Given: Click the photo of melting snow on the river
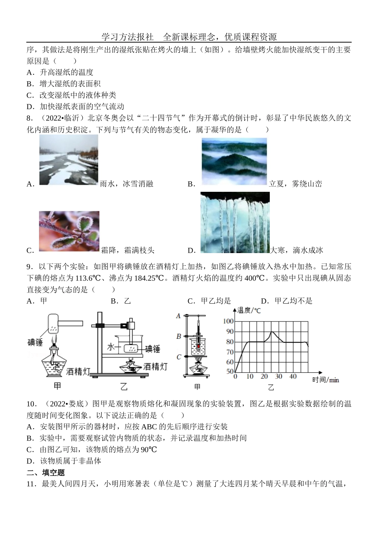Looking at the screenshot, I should click(68, 160).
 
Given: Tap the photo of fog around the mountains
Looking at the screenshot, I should click(234, 162).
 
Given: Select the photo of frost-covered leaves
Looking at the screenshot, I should click(69, 231).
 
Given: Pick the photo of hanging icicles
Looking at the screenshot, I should click(235, 222).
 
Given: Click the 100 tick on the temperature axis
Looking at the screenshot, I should click(229, 322).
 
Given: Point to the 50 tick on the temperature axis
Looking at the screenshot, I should click(230, 372).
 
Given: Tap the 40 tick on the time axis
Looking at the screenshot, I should click(292, 376).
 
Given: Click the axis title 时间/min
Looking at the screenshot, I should click(325, 380).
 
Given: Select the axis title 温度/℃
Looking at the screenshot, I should click(249, 310).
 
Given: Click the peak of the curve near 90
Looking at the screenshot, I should click(272, 331).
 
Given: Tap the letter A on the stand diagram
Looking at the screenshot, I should click(178, 316).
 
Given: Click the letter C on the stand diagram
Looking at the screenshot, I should click(179, 357).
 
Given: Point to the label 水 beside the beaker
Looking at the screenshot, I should click(111, 347).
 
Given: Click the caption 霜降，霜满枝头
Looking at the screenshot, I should click(127, 250).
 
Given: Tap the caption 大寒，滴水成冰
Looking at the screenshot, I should click(296, 250).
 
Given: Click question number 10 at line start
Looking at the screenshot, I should click(31, 404).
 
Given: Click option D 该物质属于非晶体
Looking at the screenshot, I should click(64, 461).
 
